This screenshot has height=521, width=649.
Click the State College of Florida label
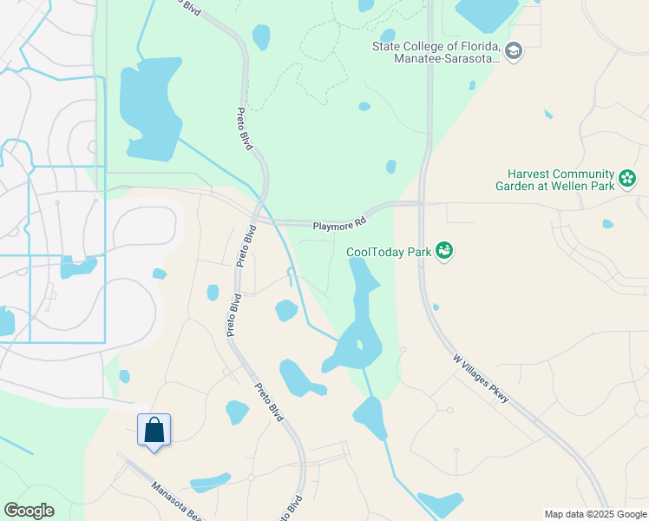pyautogui.click(x=436, y=53)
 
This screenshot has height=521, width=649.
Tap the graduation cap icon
pyautogui.click(x=515, y=51)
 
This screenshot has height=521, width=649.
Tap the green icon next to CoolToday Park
pyautogui.click(x=444, y=251)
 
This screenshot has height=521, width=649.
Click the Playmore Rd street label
pyautogui.click(x=336, y=226)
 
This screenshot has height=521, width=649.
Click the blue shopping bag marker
pyautogui.click(x=154, y=430)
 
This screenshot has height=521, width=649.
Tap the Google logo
pyautogui.click(x=29, y=511)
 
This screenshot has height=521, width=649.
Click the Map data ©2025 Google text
pyautogui.click(x=595, y=514)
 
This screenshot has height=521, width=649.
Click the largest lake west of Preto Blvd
pyautogui.click(x=153, y=109)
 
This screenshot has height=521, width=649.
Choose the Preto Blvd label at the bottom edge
pyautogui.click(x=290, y=508)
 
